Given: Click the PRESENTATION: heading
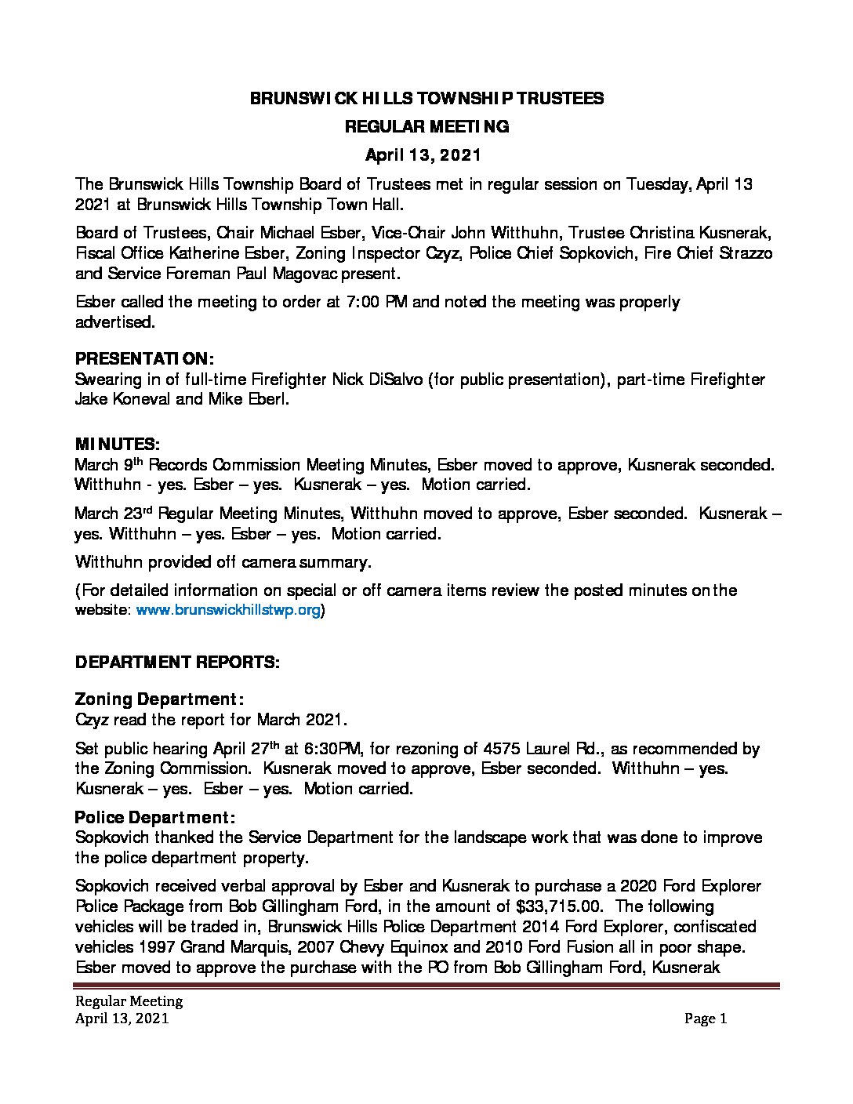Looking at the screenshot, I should [143, 359].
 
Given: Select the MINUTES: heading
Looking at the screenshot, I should [117, 444].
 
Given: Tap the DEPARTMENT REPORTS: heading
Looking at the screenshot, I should [176, 663].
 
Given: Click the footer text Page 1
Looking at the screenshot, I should [706, 1019].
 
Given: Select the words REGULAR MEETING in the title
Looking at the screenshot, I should [426, 126].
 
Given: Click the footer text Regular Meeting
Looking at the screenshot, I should [129, 1001].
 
